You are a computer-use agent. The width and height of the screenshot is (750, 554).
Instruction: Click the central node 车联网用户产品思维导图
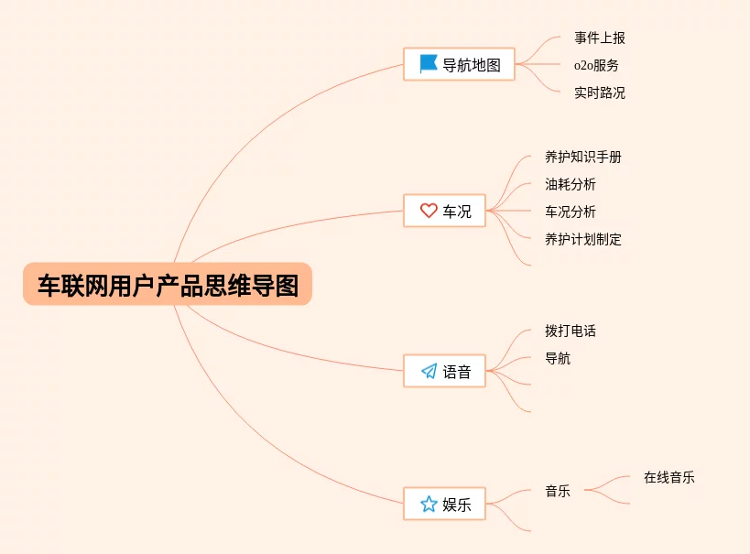168,286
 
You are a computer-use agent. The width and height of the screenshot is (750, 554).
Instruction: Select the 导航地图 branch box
459,64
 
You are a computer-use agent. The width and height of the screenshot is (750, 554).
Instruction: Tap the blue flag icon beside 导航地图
428,64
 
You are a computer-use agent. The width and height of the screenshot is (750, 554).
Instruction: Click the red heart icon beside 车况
428,211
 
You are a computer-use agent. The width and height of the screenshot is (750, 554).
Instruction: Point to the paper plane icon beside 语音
428,371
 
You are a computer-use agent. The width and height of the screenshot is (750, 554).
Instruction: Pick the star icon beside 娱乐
428,504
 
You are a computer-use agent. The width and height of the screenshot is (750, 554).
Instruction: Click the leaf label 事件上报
600,38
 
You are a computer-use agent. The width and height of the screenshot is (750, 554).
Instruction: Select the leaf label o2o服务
596,66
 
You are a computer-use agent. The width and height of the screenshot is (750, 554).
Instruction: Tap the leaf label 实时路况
600,92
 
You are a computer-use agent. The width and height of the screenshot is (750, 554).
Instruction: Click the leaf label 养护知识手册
583,158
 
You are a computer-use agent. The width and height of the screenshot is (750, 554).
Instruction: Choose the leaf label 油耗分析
571,185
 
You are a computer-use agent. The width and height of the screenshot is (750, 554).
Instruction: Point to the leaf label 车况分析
571,212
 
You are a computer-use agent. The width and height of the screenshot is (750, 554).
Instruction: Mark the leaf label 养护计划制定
583,240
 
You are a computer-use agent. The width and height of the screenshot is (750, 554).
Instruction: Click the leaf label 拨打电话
571,331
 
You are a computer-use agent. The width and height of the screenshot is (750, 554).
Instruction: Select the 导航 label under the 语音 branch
558,359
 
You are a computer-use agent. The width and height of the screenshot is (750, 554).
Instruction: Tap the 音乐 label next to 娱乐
558,492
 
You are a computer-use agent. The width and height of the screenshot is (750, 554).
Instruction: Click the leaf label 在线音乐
668,478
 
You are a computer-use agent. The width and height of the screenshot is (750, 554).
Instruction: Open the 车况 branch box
444,211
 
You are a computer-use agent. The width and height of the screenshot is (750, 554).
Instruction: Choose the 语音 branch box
444,371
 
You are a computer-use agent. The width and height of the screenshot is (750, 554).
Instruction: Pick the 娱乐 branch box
444,504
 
